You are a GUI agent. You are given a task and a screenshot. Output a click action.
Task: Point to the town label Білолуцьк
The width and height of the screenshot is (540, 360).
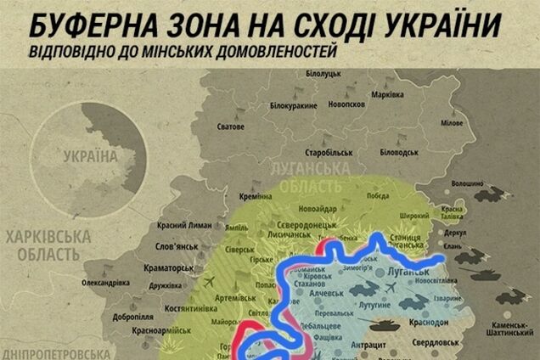pyautogui.click(x=322, y=76)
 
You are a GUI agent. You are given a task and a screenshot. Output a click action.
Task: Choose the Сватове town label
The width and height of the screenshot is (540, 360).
pyautogui.click(x=232, y=127)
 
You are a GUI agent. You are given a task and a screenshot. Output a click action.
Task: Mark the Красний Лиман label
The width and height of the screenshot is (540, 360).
pyautogui.click(x=183, y=226)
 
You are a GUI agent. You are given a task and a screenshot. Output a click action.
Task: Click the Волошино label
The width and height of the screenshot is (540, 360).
pyautogui.click(x=466, y=183)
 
